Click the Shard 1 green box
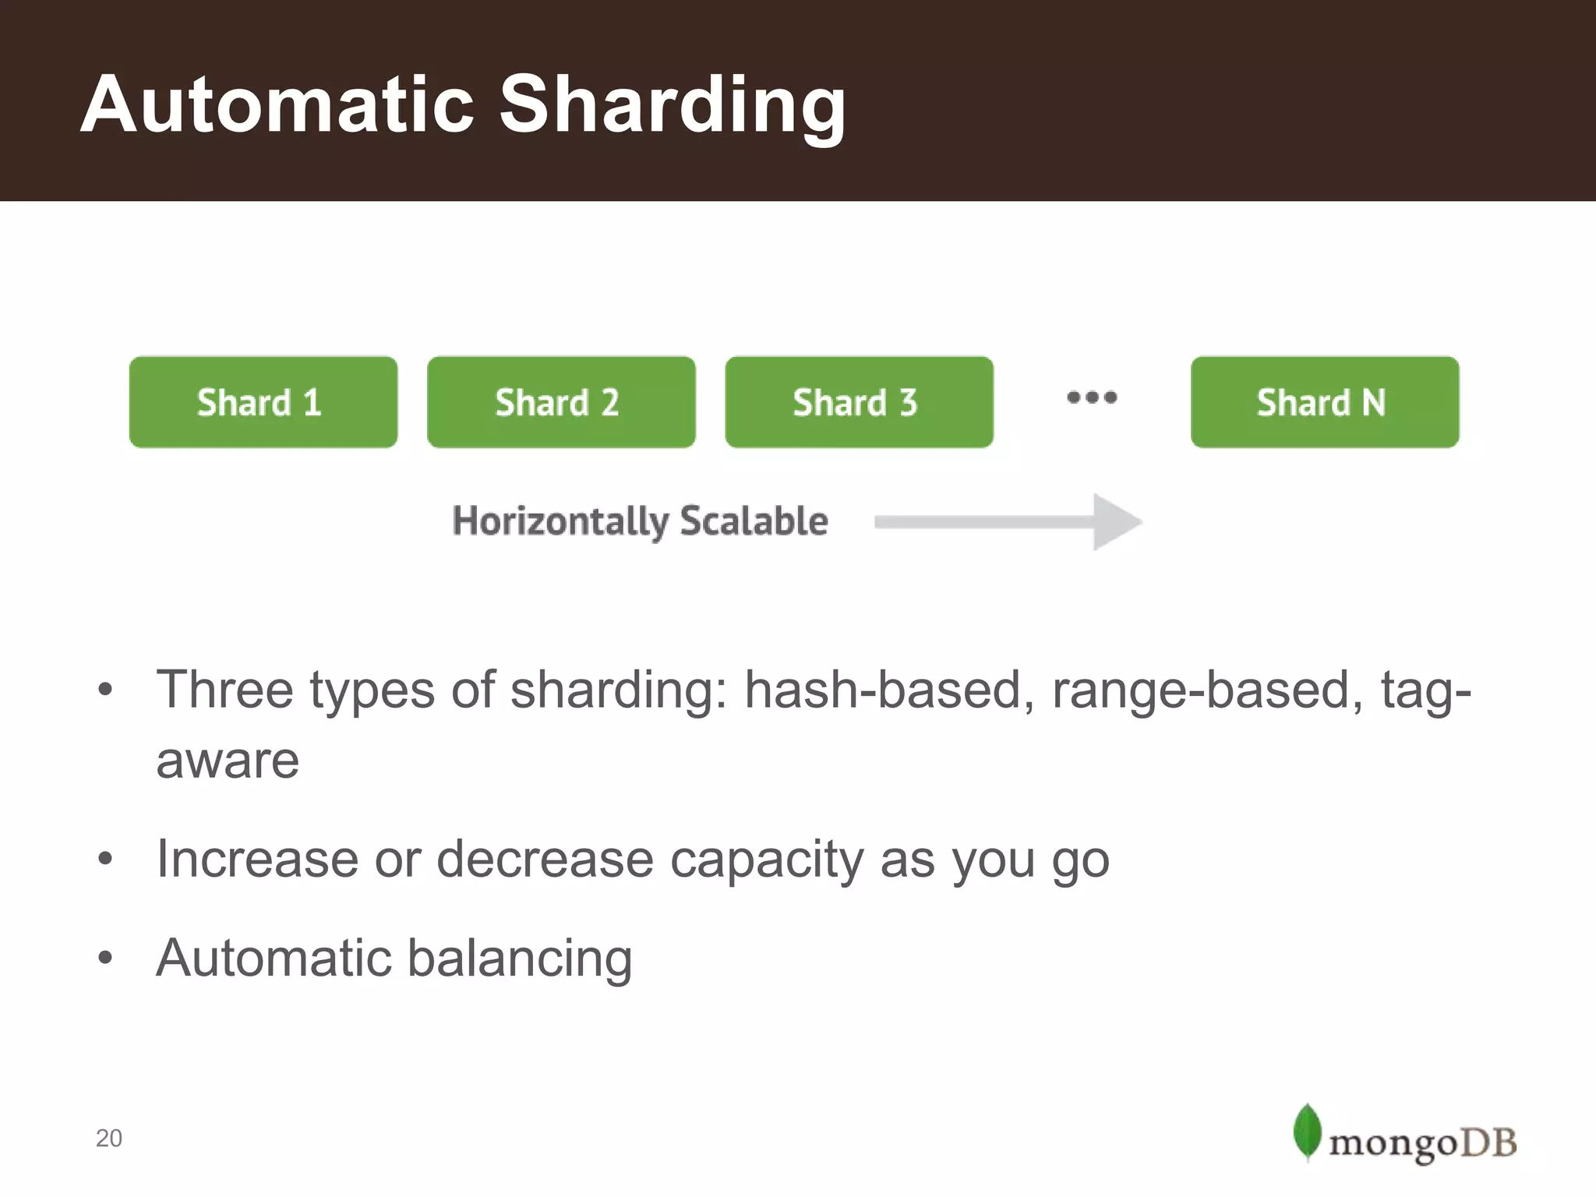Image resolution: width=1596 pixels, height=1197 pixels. [x=263, y=402]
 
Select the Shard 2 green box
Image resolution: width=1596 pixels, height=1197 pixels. [x=560, y=402]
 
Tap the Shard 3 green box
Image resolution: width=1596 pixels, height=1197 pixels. [x=858, y=402]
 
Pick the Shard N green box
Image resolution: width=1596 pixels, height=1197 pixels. [x=1324, y=402]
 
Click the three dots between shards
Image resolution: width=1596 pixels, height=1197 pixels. [x=1091, y=397]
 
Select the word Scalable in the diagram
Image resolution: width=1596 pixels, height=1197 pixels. [x=754, y=521]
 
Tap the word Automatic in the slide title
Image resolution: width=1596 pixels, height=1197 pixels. [x=277, y=104]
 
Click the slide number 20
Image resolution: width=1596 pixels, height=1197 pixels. [x=109, y=1139]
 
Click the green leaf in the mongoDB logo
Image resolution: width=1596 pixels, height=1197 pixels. [x=1307, y=1132]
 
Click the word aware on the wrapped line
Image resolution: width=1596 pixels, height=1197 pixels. [x=228, y=761]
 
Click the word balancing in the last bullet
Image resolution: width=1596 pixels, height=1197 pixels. [x=519, y=958]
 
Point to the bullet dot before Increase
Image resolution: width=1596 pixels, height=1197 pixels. [x=106, y=860]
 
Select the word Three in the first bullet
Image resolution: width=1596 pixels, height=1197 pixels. [x=225, y=690]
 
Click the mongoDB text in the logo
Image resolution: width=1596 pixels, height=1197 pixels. [x=1422, y=1143]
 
